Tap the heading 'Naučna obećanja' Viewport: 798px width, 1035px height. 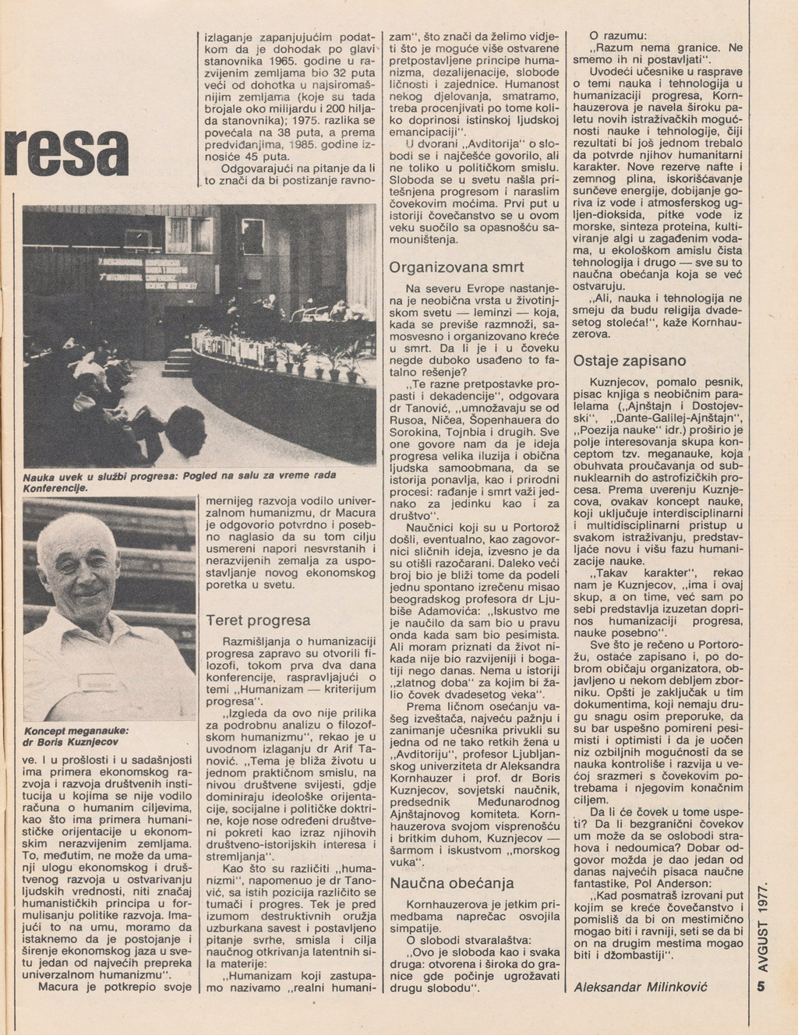tap(451, 883)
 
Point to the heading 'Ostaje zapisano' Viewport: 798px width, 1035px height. tap(630, 361)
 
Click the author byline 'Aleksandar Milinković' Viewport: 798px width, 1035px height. tap(639, 987)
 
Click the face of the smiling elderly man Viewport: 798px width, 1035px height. tap(87, 572)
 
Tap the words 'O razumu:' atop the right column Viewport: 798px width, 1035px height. tap(623, 35)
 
